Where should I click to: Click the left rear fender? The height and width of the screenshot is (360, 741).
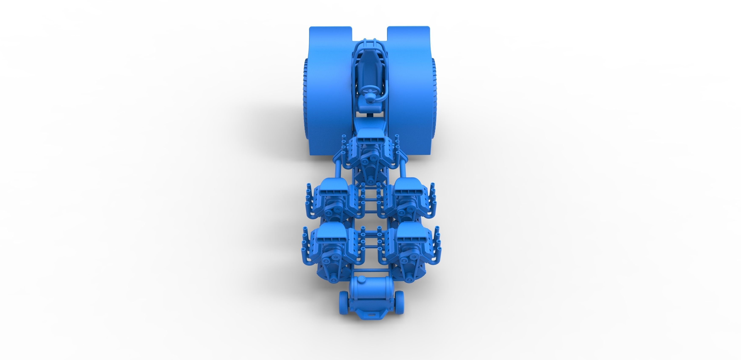point(328,86)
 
